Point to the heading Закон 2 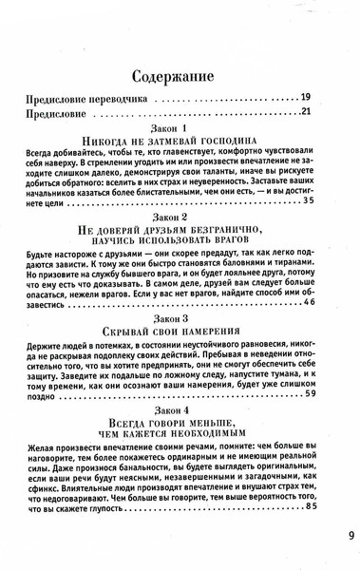(178, 217)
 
